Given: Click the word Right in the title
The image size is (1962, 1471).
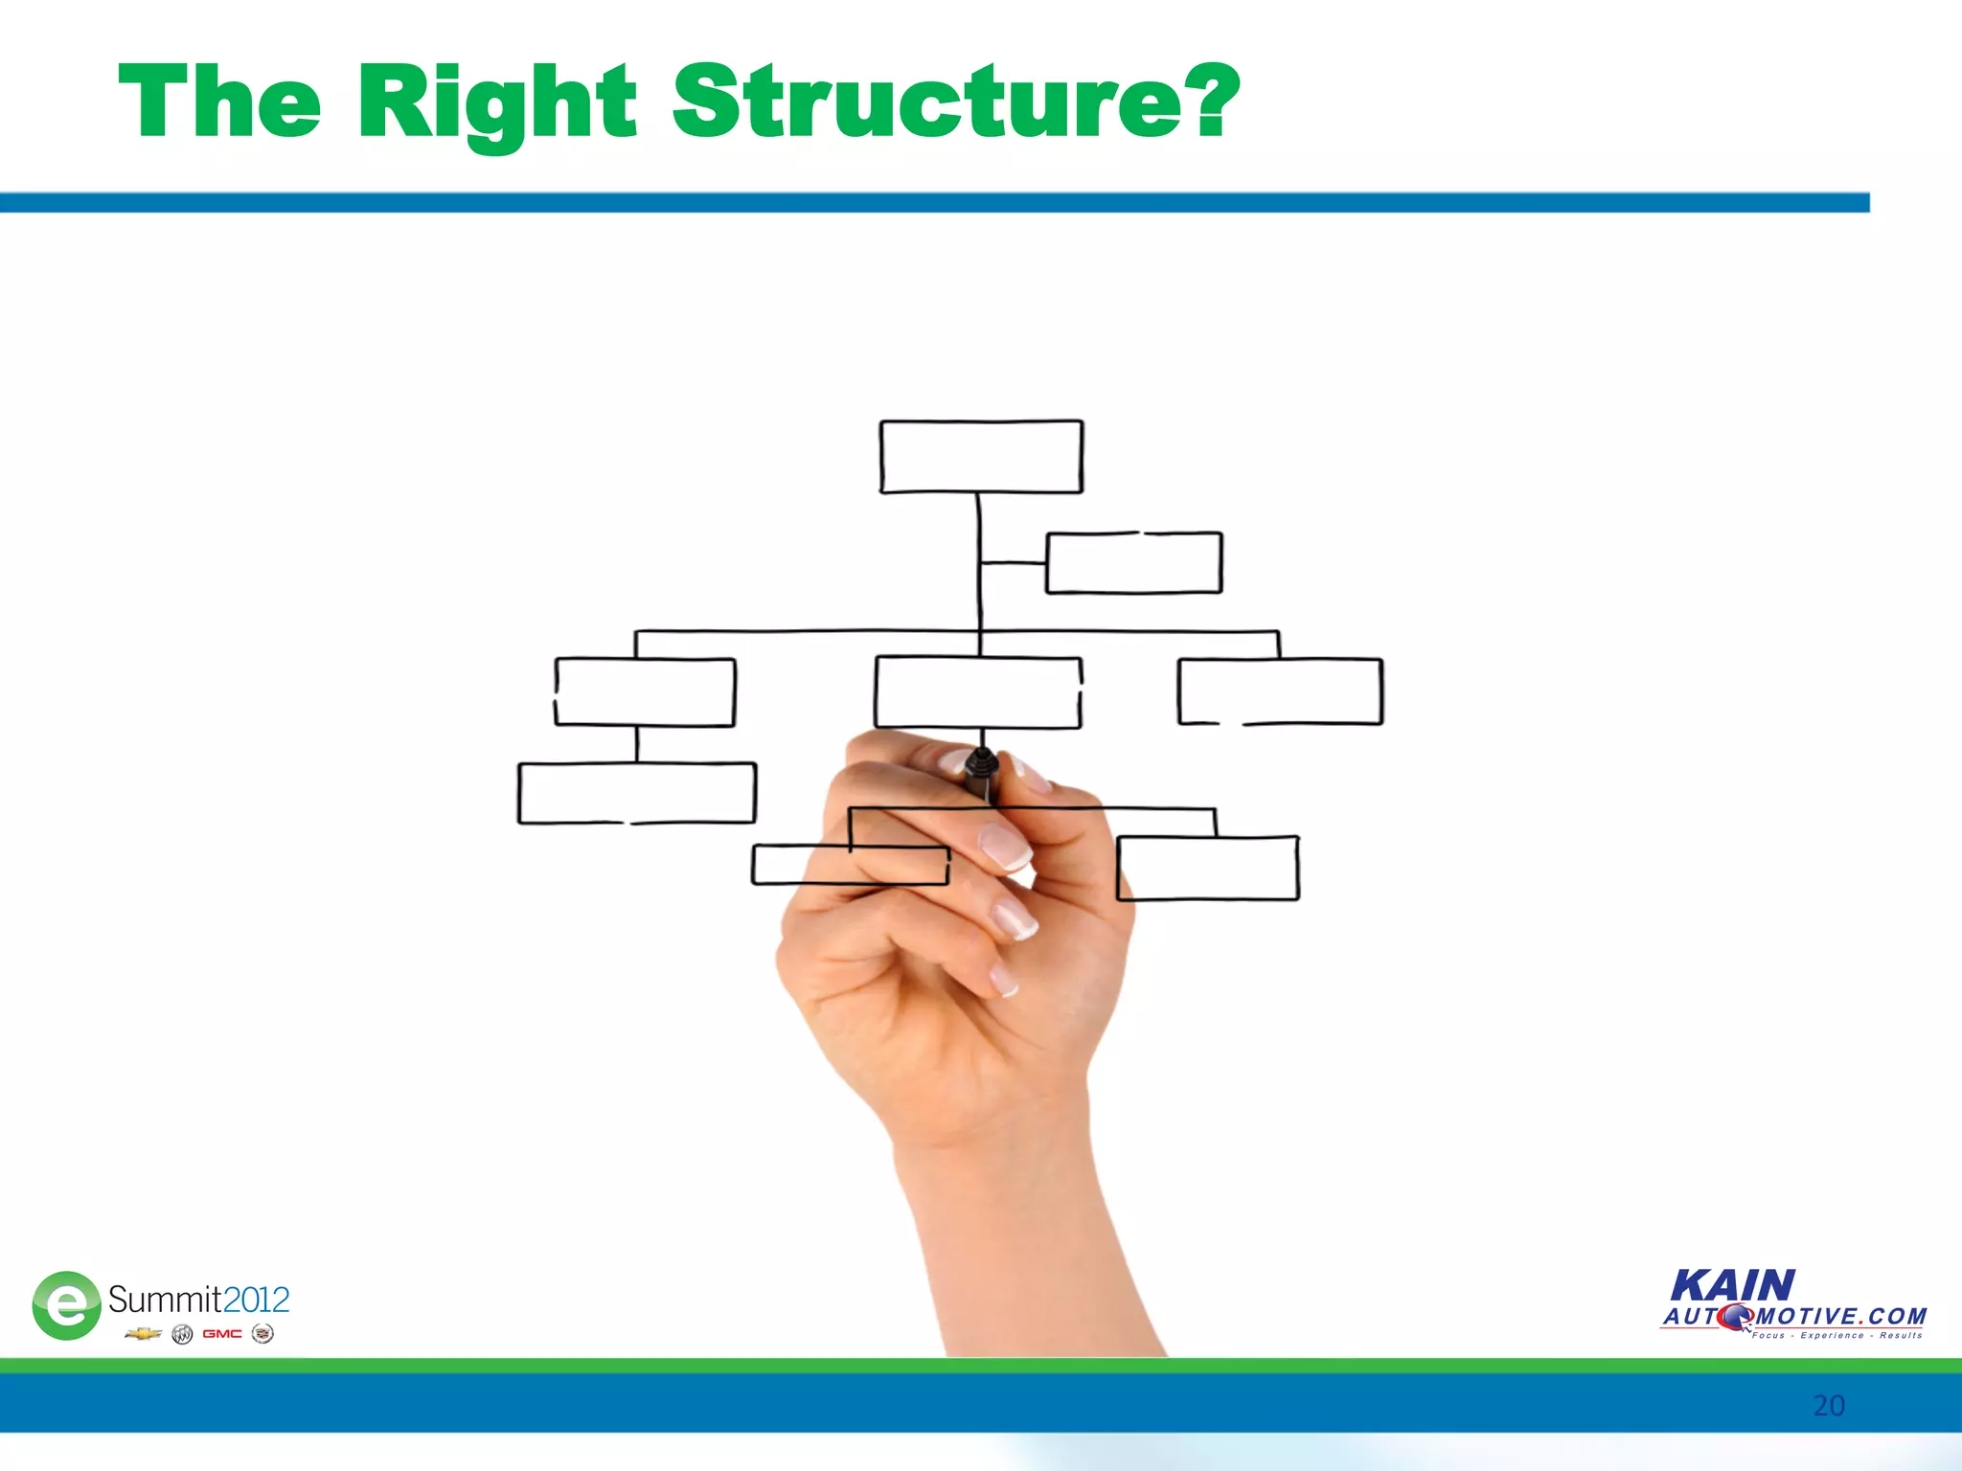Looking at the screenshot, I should pos(496,102).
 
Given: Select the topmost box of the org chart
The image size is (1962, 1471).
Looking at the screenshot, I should pos(981,457).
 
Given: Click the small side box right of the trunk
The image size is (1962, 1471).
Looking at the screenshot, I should pos(1133,563).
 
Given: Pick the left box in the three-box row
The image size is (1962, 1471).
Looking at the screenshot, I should pos(645,691).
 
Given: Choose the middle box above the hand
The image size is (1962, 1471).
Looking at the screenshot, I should pos(978,691).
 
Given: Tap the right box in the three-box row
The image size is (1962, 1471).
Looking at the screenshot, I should pos(1280,690).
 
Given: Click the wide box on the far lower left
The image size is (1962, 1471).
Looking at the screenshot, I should pos(637,793).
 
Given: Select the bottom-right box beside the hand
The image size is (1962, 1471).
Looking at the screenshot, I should pos(1208,868).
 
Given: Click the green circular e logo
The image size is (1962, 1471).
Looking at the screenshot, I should pos(66,1304).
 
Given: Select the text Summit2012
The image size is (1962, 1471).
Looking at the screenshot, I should pos(198,1300).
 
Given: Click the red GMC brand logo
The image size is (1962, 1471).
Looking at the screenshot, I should pos(221,1333).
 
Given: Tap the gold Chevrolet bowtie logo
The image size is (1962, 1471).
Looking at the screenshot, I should pos(143,1333).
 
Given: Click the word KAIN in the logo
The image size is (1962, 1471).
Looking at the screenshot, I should pos(1732,1285).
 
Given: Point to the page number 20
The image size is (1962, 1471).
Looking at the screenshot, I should pos(1828,1405).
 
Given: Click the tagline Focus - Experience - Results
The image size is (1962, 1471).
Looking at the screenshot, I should pos(1837,1335).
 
